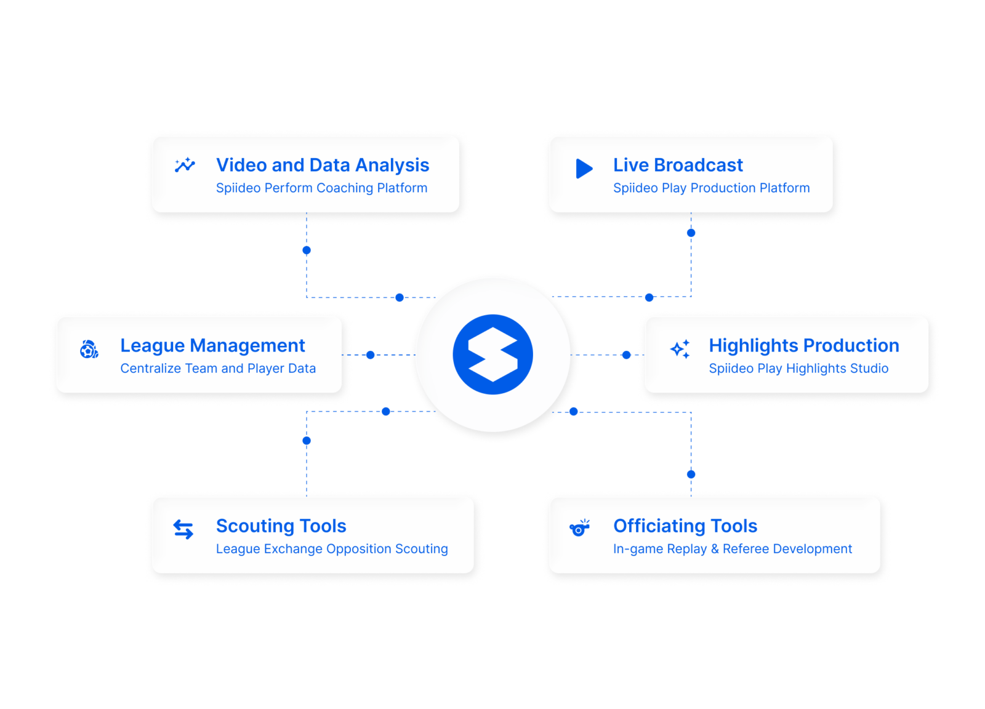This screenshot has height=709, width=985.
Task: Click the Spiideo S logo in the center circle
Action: click(x=492, y=354)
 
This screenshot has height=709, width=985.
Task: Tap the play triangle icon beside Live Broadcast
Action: click(x=584, y=169)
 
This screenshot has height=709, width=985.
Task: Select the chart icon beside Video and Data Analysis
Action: click(x=185, y=165)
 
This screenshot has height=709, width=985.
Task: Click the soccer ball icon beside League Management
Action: click(x=89, y=350)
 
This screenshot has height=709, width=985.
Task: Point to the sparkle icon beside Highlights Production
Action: click(x=680, y=349)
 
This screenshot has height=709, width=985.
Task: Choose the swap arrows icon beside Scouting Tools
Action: click(x=183, y=529)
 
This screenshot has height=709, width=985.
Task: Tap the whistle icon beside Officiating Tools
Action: click(x=579, y=528)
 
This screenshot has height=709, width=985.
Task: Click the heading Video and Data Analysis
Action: click(x=322, y=165)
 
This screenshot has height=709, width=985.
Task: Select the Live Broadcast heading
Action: click(x=678, y=165)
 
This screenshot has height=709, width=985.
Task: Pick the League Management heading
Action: click(x=212, y=345)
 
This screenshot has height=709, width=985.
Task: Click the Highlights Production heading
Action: click(x=803, y=345)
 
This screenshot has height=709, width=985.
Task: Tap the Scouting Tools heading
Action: click(x=281, y=526)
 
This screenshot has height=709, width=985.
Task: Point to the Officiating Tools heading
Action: click(x=685, y=526)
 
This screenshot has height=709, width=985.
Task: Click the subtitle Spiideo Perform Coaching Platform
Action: click(x=321, y=188)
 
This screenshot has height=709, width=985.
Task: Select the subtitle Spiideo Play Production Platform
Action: click(x=711, y=188)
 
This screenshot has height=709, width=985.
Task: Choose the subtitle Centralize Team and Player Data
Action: click(x=218, y=368)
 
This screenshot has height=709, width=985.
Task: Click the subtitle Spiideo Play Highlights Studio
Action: click(x=798, y=368)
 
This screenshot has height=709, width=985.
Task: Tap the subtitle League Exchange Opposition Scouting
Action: click(x=332, y=548)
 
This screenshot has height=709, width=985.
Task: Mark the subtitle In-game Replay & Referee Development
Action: click(x=733, y=548)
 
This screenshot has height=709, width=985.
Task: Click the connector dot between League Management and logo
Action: click(x=370, y=355)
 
